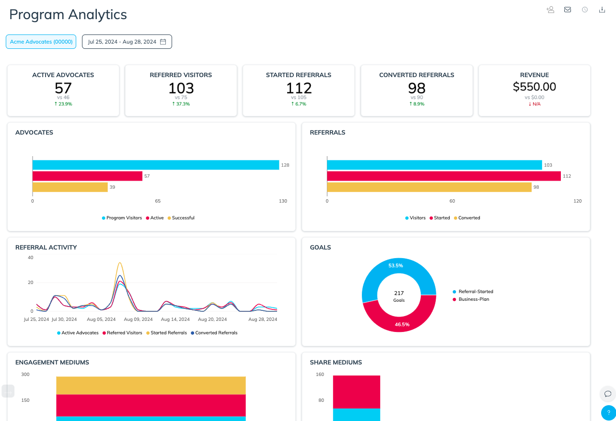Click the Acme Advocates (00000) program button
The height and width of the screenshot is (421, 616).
41,42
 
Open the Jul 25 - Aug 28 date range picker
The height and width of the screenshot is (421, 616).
127,42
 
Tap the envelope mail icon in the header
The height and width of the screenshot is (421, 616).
568,10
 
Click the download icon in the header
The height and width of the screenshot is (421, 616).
602,10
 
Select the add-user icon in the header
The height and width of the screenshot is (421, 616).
550,10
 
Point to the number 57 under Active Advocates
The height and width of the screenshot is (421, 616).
63,88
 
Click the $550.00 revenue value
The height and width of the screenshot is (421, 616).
534,87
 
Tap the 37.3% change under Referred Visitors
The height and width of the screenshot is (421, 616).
181,104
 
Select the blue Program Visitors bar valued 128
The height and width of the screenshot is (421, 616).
155,165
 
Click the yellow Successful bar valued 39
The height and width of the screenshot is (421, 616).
70,187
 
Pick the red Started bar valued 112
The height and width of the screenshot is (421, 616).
443,176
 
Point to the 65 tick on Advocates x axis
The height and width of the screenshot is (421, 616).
158,201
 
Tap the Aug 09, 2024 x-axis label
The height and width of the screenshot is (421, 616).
138,319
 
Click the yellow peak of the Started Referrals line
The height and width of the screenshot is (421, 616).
120,263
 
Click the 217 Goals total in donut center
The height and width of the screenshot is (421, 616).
399,293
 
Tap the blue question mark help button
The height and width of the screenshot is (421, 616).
608,412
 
